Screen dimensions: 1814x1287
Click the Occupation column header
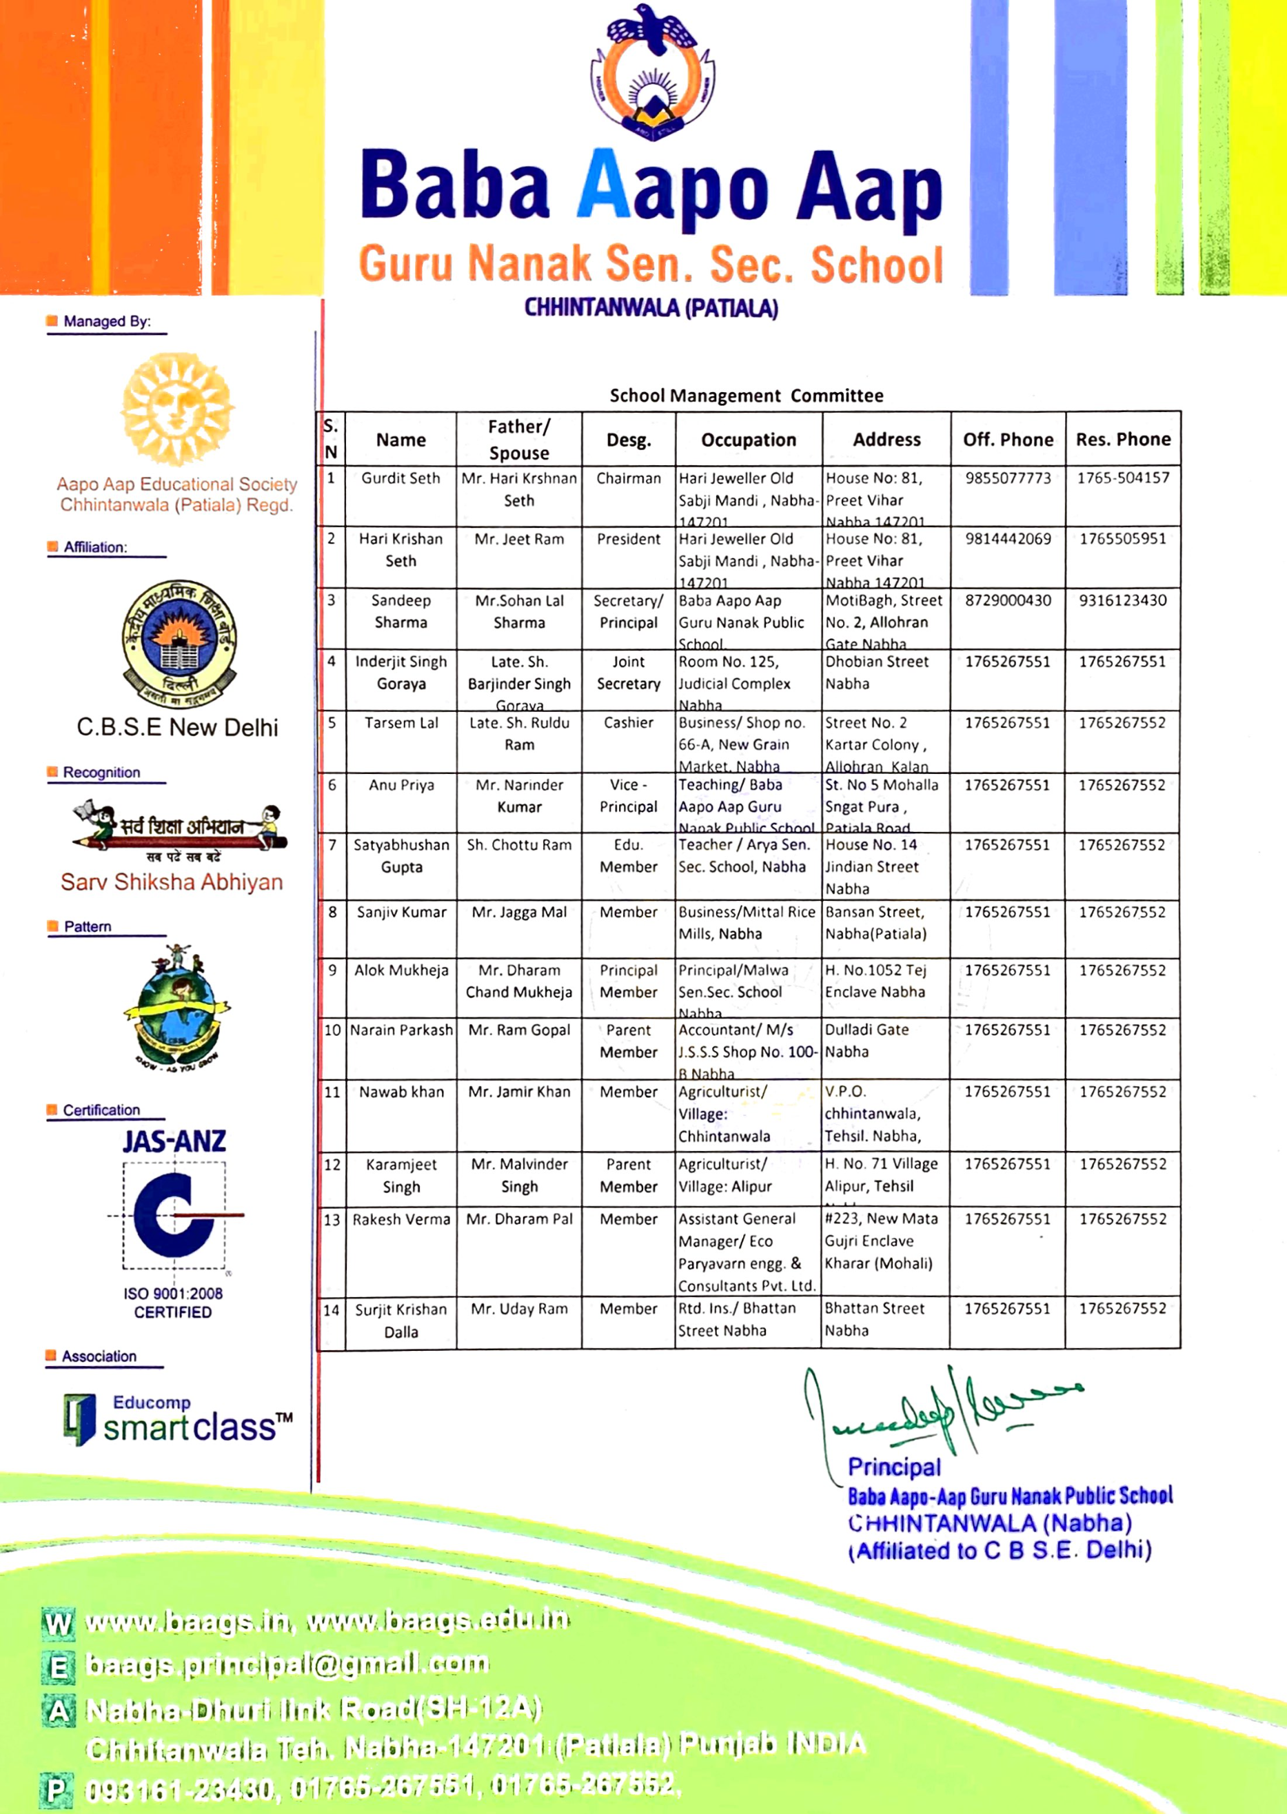click(x=748, y=440)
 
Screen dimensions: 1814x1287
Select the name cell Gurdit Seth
click(x=401, y=478)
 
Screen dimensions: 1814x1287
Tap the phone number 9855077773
click(x=1007, y=478)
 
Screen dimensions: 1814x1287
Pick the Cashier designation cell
click(x=629, y=722)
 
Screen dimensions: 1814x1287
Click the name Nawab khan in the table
click(x=401, y=1092)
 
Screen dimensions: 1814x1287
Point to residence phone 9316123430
click(x=1122, y=600)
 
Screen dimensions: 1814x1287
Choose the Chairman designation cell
click(x=629, y=478)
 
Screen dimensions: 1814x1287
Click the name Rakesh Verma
click(x=401, y=1219)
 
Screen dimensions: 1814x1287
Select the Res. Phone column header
click(x=1122, y=440)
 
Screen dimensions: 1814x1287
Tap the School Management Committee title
click(x=746, y=396)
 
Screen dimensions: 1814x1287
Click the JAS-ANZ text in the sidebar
click(x=174, y=1141)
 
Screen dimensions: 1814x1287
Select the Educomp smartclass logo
click(x=178, y=1420)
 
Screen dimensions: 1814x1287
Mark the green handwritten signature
click(x=943, y=1414)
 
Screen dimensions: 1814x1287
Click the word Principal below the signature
click(x=894, y=1467)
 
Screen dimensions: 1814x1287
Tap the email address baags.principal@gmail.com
click(x=287, y=1664)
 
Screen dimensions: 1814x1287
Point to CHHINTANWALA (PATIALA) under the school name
click(x=651, y=308)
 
